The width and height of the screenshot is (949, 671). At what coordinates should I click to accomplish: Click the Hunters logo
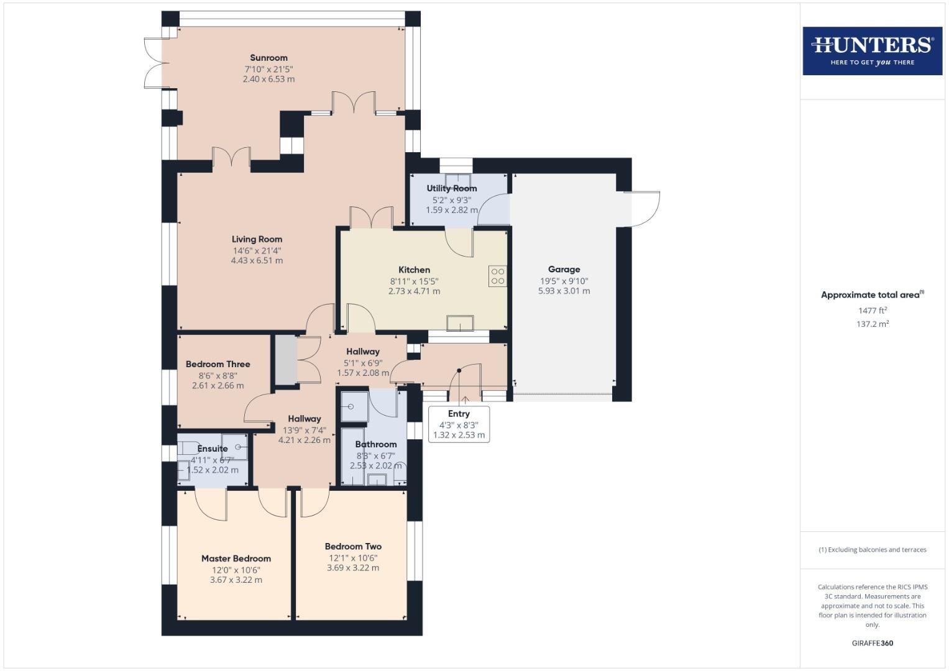(x=872, y=50)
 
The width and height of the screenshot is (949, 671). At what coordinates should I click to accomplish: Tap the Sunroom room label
(x=268, y=58)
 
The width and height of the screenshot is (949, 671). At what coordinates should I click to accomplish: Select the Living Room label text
(x=257, y=239)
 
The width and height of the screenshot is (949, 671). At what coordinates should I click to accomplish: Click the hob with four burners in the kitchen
(x=497, y=276)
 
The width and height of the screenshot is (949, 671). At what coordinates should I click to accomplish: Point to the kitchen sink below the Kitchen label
(x=460, y=323)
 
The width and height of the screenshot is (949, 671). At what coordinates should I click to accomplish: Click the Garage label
(x=564, y=269)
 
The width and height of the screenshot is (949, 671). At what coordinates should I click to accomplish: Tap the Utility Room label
(x=452, y=188)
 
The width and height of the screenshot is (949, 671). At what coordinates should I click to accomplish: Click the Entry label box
(x=459, y=424)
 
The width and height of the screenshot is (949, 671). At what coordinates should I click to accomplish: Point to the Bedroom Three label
(x=218, y=364)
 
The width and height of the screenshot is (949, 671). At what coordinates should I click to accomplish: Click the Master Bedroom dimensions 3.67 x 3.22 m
(x=236, y=580)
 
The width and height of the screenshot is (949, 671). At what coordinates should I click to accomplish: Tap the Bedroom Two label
(x=353, y=547)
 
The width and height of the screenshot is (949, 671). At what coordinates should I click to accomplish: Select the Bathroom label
(x=376, y=444)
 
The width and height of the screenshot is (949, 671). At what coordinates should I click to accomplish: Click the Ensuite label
(x=213, y=449)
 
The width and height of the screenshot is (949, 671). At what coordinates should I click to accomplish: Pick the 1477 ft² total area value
(x=872, y=310)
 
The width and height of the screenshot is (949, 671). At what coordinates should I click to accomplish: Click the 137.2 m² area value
(x=872, y=324)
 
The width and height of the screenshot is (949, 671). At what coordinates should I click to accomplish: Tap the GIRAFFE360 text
(x=872, y=643)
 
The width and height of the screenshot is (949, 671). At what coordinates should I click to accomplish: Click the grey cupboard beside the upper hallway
(x=286, y=360)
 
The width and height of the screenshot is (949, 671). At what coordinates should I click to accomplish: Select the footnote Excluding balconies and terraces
(x=872, y=550)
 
